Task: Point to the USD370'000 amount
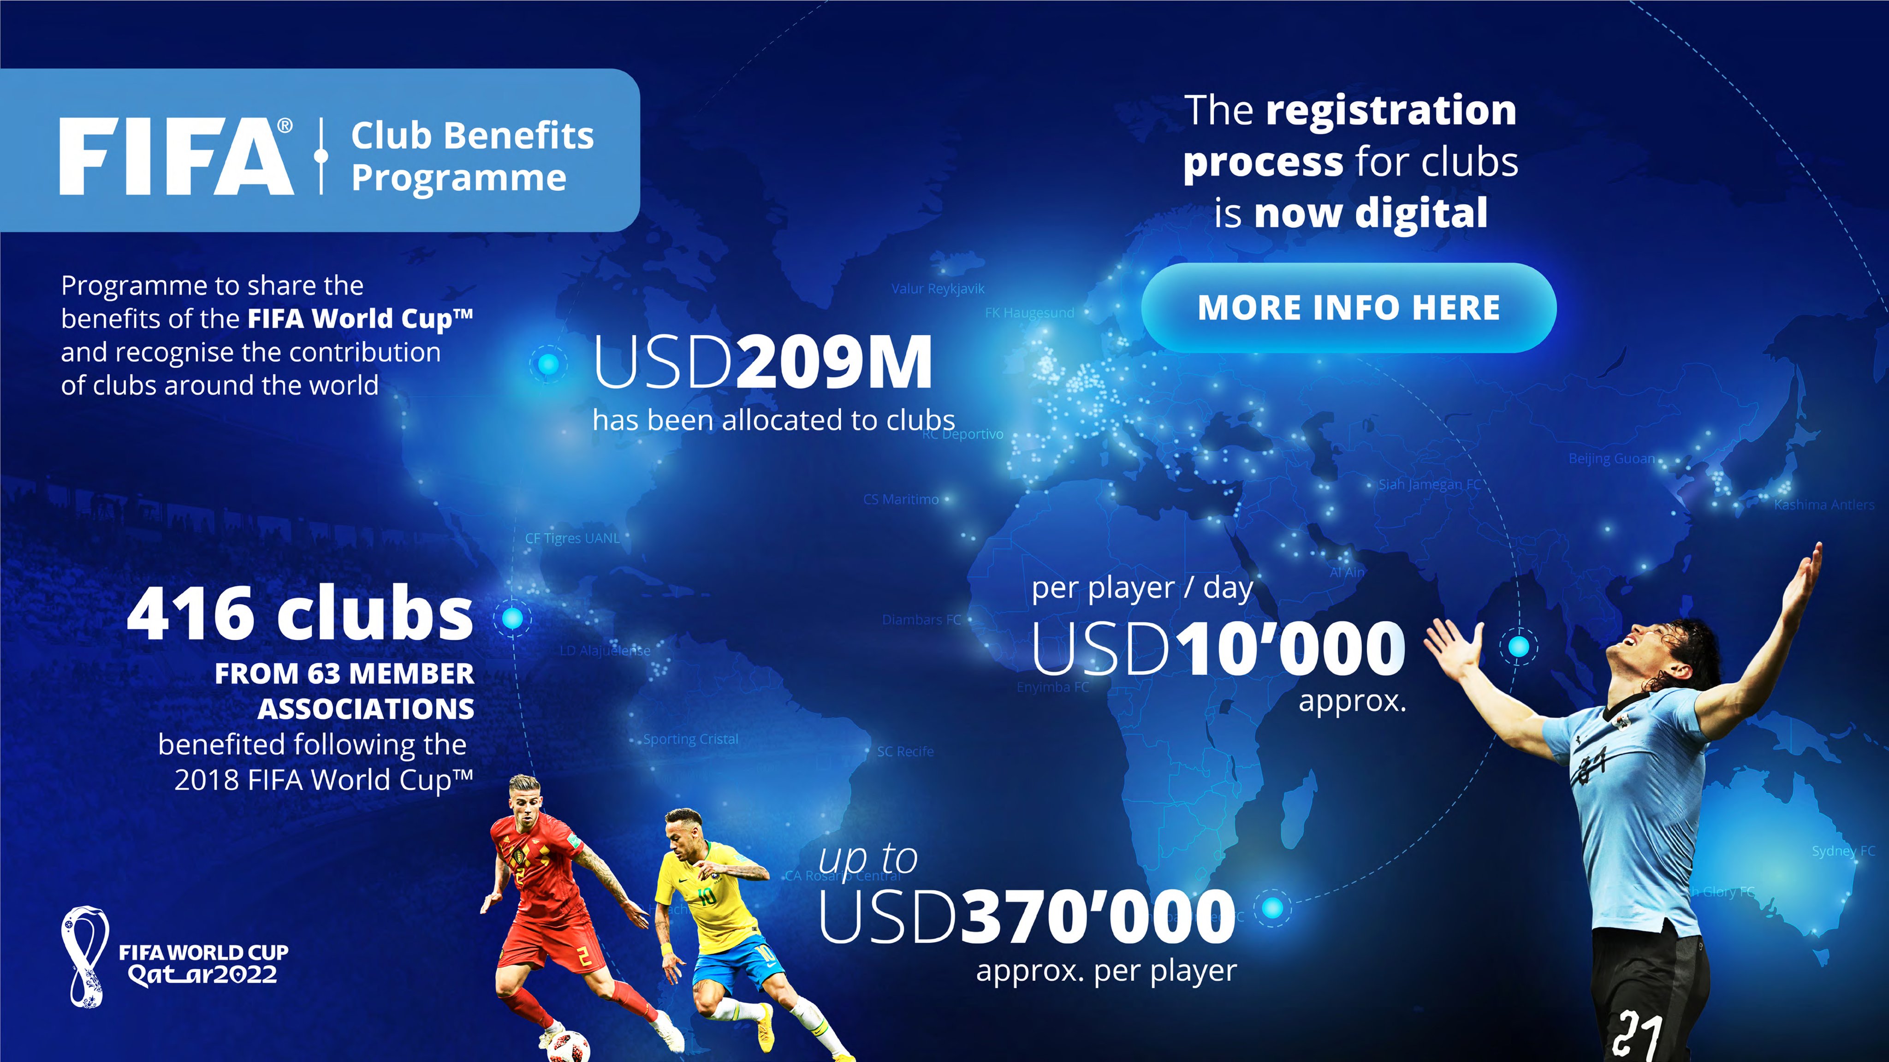click(1027, 917)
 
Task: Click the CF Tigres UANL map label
click(572, 538)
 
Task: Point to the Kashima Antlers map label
click(1824, 504)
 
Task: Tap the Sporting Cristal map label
click(691, 739)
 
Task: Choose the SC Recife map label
click(905, 752)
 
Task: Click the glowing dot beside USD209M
click(548, 364)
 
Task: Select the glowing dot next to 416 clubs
click(512, 618)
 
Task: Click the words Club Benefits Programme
click(471, 156)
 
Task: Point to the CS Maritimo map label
click(901, 499)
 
